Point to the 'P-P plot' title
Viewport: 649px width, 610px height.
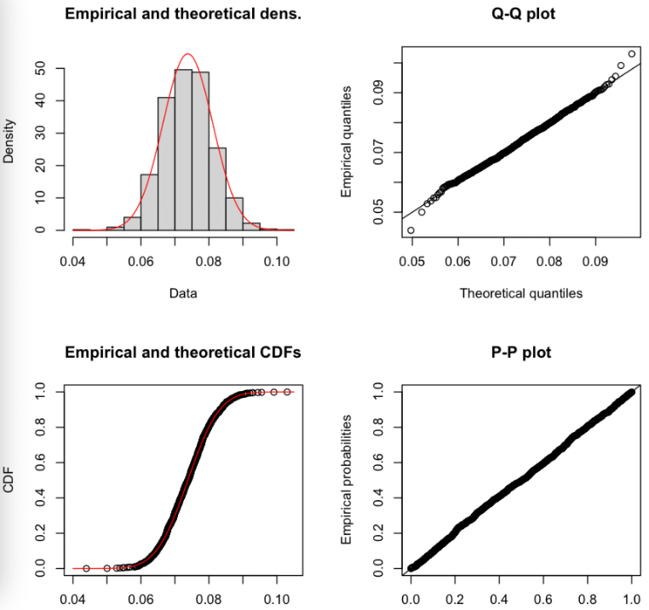pyautogui.click(x=521, y=352)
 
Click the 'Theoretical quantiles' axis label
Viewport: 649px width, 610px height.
pyautogui.click(x=521, y=293)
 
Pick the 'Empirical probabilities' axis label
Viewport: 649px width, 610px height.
pyautogui.click(x=347, y=480)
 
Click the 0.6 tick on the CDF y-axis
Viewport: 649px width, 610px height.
pyautogui.click(x=39, y=463)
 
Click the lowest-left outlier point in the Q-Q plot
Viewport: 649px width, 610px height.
pyautogui.click(x=411, y=230)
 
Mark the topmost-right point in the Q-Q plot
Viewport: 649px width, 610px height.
pyautogui.click(x=631, y=54)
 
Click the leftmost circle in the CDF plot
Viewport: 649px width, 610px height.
pyautogui.click(x=86, y=567)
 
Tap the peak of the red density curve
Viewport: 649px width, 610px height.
pyautogui.click(x=188, y=55)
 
